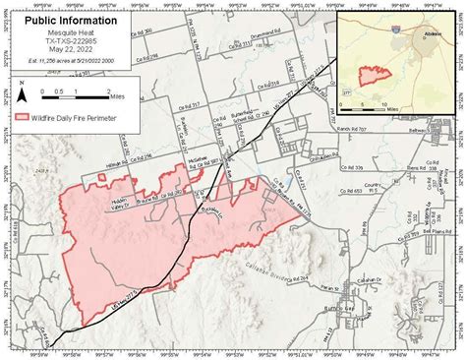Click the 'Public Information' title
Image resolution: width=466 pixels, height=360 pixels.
(75, 20)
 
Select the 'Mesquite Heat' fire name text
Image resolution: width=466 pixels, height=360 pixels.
(75, 31)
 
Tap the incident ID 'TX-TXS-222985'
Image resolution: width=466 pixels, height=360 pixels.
(75, 42)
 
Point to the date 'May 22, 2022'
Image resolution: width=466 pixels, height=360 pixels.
(75, 53)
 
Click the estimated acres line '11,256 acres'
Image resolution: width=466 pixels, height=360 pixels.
(75, 65)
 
